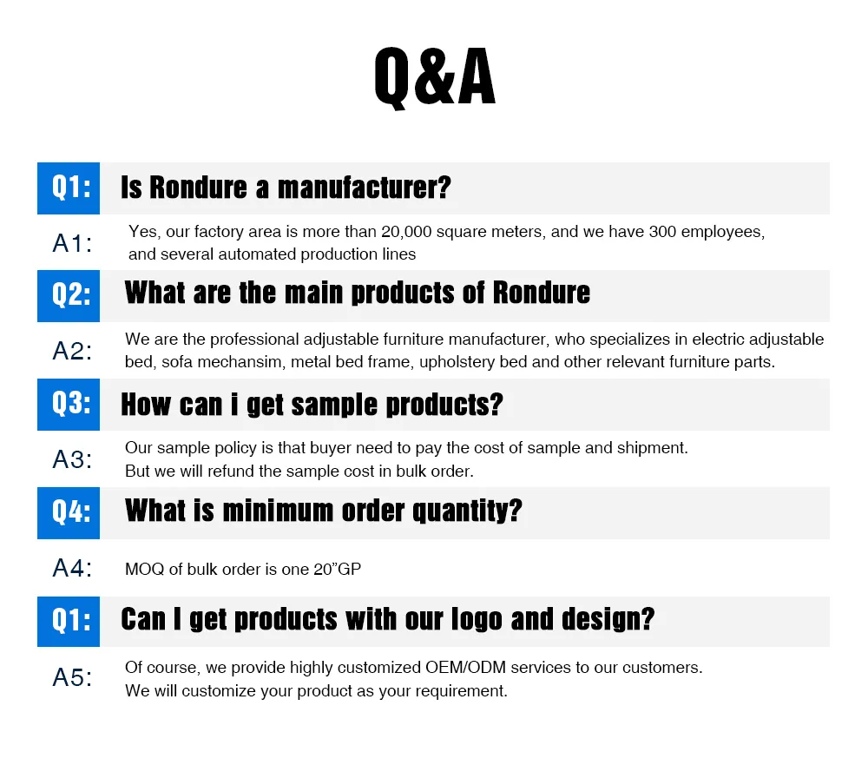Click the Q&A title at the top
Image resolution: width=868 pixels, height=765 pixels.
pyautogui.click(x=434, y=77)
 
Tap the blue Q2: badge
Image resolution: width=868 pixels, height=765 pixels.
pyautogui.click(x=69, y=295)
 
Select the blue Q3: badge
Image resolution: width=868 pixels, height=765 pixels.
pyautogui.click(x=69, y=404)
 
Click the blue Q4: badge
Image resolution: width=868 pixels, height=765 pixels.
pyautogui.click(x=69, y=512)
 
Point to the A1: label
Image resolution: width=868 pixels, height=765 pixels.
pyautogui.click(x=72, y=244)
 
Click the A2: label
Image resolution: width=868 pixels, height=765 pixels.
pyautogui.click(x=72, y=351)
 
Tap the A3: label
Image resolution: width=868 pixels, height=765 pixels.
pyautogui.click(x=72, y=459)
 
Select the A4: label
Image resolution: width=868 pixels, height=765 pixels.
pyautogui.click(x=72, y=569)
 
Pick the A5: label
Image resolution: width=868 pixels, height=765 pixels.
pyautogui.click(x=72, y=678)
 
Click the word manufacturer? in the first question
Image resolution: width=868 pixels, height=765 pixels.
pyautogui.click(x=364, y=188)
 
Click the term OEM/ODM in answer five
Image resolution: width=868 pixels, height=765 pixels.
pyautogui.click(x=465, y=669)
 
